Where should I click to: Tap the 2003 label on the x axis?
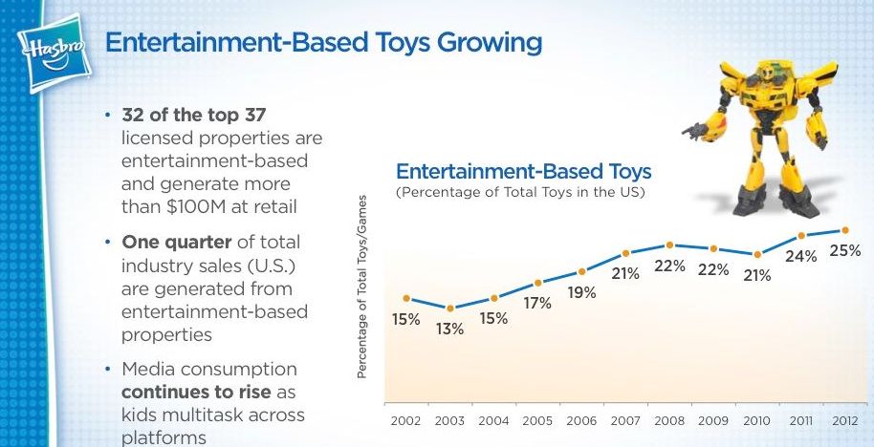point(449,420)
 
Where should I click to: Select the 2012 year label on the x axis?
point(844,420)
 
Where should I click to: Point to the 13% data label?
point(449,330)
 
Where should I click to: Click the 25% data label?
point(844,251)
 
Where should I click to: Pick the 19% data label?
point(581,293)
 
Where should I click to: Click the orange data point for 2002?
point(406,299)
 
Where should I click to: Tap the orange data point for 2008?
point(669,245)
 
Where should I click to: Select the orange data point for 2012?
point(844,230)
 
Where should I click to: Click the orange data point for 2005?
point(537,283)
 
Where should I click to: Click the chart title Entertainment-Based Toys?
point(523,172)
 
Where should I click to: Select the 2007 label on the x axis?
point(625,420)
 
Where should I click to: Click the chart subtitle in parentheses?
point(521,193)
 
